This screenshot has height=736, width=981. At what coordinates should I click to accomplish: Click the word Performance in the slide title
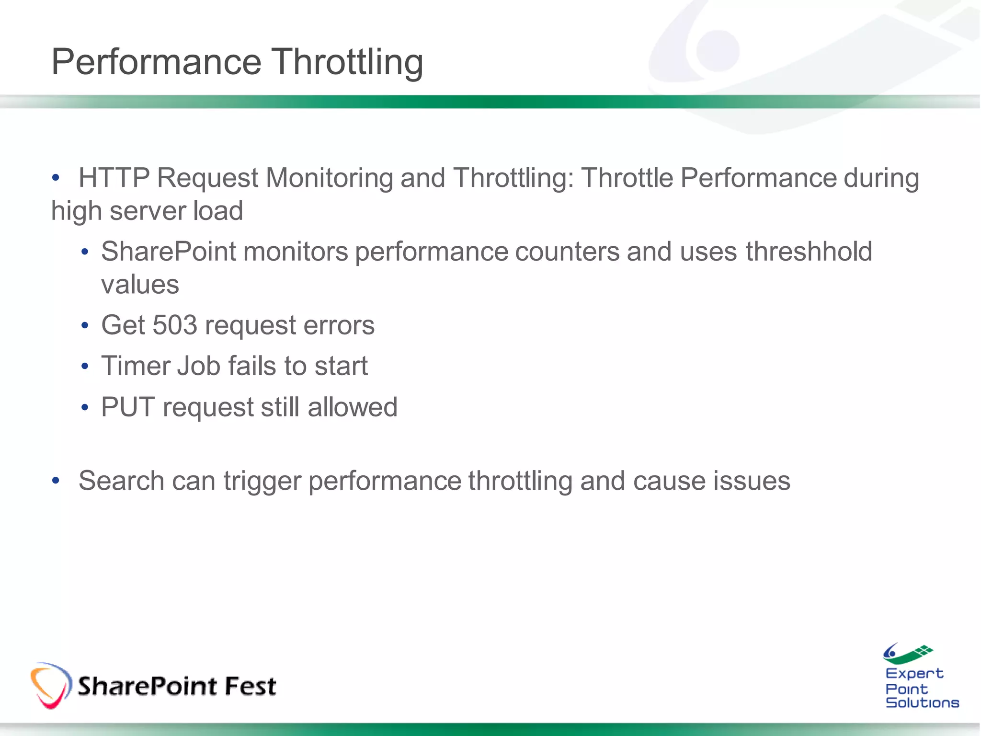click(x=156, y=62)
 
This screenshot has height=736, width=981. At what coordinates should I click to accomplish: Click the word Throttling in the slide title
click(x=348, y=62)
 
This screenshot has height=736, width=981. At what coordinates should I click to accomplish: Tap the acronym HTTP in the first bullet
click(x=114, y=178)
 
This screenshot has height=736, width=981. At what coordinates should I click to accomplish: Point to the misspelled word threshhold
click(x=809, y=252)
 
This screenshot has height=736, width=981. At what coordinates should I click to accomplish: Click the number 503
click(x=175, y=325)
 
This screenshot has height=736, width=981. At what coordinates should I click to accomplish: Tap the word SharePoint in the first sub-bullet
click(x=169, y=252)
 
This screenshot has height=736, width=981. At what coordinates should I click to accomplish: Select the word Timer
click(x=135, y=367)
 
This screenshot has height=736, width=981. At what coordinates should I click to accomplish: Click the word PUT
click(x=128, y=407)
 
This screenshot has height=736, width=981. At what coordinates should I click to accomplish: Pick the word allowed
click(x=352, y=407)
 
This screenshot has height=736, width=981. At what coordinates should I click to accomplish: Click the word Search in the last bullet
click(x=121, y=481)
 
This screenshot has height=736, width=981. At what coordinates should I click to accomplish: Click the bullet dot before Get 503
click(x=85, y=326)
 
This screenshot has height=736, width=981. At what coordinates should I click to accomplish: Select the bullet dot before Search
click(x=56, y=481)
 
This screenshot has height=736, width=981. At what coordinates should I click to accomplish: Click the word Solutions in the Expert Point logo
click(x=922, y=703)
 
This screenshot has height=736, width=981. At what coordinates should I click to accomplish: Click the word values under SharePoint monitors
click(x=140, y=285)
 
